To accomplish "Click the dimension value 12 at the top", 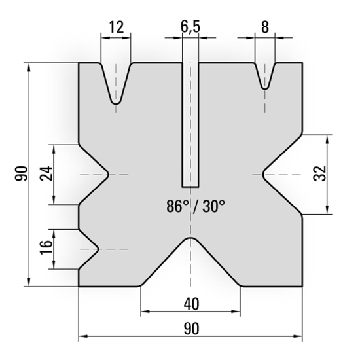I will (x=115, y=27).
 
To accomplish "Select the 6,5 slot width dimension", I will (x=190, y=27).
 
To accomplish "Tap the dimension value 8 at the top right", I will (x=264, y=27).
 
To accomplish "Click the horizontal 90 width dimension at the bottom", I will (x=190, y=327).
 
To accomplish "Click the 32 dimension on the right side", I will (x=319, y=174).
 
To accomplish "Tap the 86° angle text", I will (x=179, y=207).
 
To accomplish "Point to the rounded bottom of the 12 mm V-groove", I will (x=116, y=102).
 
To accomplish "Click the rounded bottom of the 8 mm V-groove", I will (x=264, y=87).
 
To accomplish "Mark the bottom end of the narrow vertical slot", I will (x=190, y=187).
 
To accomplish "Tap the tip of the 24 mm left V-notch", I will (x=109, y=175).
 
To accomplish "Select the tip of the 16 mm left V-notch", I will (x=98, y=249).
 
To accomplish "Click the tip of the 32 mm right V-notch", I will (x=262, y=175).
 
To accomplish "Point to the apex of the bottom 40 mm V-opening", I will (x=190, y=238).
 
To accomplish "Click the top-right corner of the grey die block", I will (x=302, y=63).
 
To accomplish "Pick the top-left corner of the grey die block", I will (x=79, y=63).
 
